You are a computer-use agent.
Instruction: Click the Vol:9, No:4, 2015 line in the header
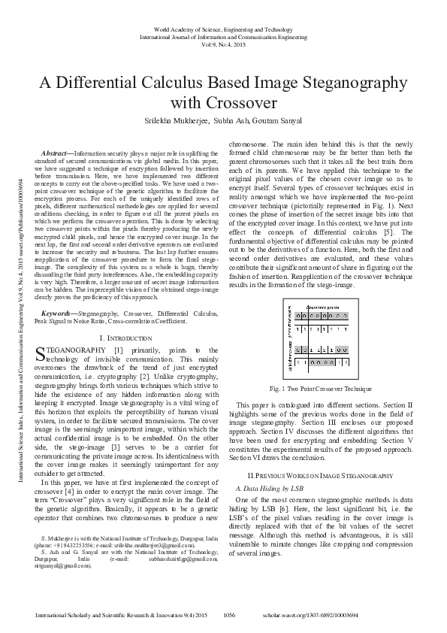pyautogui.click(x=223, y=44)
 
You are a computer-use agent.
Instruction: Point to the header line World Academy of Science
pyautogui.click(x=223, y=27)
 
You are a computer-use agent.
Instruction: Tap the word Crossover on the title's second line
pyautogui.click(x=223, y=102)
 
